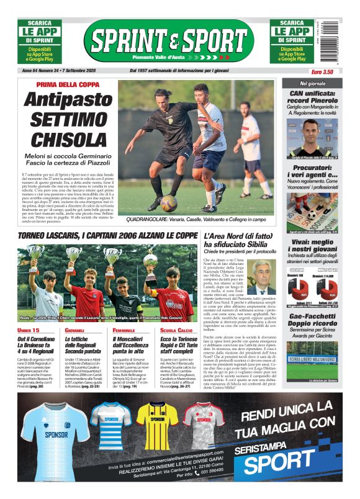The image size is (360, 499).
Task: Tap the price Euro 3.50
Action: tap(322, 72)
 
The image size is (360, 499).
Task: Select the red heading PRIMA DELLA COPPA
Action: tap(67, 84)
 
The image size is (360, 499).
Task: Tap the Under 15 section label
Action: tap(30, 330)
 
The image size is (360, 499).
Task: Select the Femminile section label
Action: tap(124, 330)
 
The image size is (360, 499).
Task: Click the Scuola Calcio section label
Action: tap(173, 330)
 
